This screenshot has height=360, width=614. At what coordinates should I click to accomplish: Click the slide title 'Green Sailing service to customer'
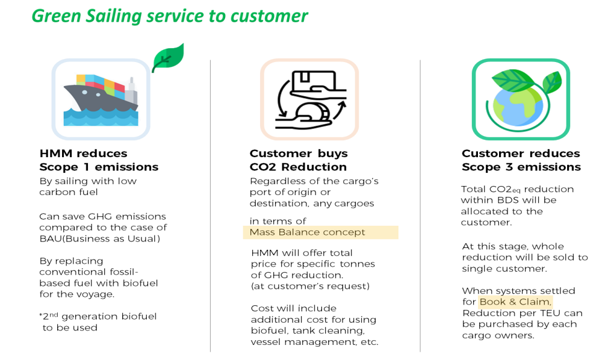169,16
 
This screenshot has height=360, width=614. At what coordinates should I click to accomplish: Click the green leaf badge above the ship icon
167,58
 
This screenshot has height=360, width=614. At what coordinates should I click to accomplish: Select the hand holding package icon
309,99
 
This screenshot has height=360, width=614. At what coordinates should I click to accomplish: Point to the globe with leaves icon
520,99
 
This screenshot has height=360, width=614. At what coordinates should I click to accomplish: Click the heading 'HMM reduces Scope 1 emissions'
99,160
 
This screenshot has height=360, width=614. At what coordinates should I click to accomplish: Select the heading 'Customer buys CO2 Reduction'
299,160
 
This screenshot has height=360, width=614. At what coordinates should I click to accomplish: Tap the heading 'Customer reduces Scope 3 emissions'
521,160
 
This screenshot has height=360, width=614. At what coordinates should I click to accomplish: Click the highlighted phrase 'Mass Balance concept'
307,232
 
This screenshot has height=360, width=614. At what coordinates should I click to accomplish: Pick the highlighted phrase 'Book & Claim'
515,302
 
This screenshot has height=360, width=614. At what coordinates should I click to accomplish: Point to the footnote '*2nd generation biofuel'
98,317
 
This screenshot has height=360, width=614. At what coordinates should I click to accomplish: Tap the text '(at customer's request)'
310,286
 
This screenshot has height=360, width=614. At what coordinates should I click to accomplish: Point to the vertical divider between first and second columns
210,205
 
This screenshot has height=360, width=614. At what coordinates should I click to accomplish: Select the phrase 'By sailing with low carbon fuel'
88,187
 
